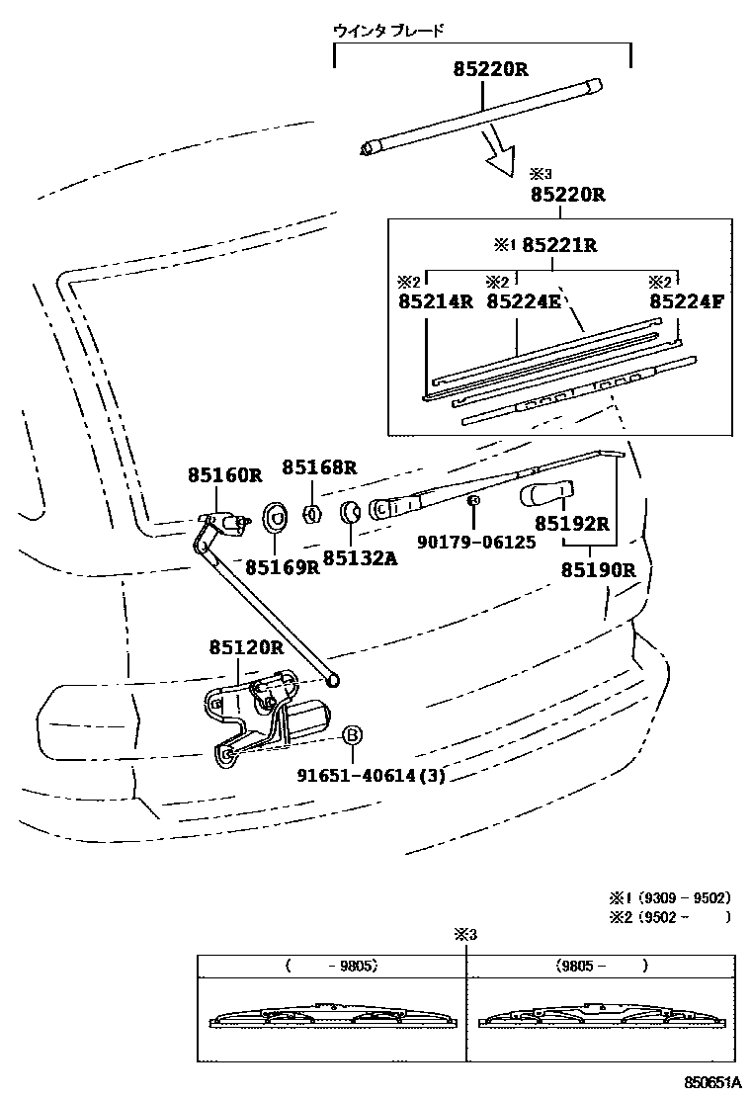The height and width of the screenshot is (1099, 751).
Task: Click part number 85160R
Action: [225, 475]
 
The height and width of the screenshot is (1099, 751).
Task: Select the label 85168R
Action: [319, 467]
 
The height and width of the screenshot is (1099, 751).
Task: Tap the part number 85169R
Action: [283, 567]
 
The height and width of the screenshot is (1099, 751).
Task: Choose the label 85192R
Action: [572, 524]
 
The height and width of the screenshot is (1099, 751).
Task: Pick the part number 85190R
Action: [598, 570]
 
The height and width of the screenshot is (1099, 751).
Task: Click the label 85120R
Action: [246, 648]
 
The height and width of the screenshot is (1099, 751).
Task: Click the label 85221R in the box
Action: [559, 245]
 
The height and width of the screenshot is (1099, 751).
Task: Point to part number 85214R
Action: [436, 302]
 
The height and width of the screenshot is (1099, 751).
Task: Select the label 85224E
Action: [524, 302]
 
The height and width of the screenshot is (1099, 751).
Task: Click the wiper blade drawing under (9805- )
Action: [601, 1019]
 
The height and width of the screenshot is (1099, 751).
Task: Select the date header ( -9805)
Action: [331, 966]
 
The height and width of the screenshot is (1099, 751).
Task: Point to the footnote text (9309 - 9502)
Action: [684, 898]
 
